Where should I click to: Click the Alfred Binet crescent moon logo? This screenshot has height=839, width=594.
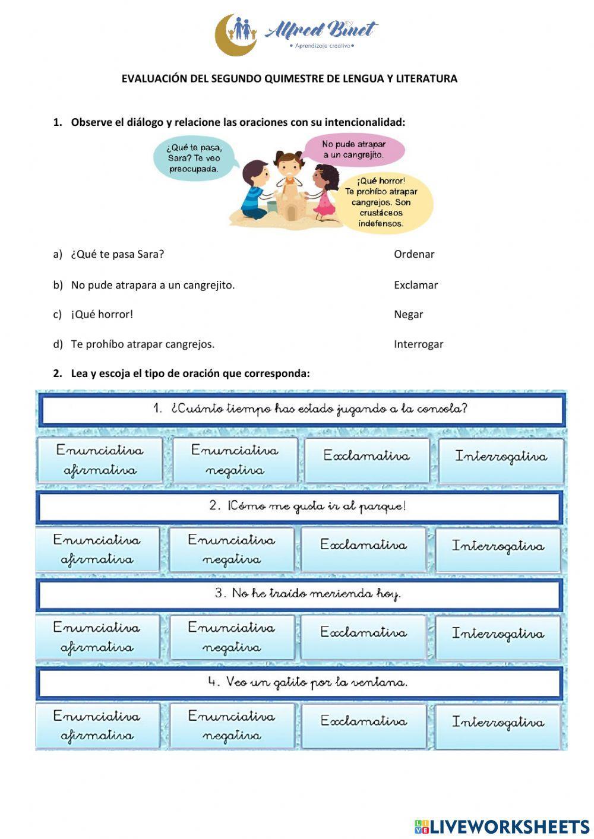pyautogui.click(x=235, y=35)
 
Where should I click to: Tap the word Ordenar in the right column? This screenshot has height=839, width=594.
pyautogui.click(x=414, y=254)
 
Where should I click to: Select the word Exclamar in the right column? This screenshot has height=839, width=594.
pyautogui.click(x=416, y=285)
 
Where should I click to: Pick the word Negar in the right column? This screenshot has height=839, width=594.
pyautogui.click(x=409, y=315)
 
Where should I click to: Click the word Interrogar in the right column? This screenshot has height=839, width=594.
pyautogui.click(x=418, y=344)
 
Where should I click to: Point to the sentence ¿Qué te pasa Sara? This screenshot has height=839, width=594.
pyautogui.click(x=118, y=254)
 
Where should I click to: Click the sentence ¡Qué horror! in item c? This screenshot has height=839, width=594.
pyautogui.click(x=102, y=315)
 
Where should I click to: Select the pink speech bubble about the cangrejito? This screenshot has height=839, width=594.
pyautogui.click(x=353, y=150)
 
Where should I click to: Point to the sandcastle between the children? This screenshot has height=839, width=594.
pyautogui.click(x=290, y=202)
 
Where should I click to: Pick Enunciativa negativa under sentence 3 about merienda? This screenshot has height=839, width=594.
pyautogui.click(x=232, y=637)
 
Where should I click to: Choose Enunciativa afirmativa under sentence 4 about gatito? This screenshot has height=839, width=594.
pyautogui.click(x=97, y=725)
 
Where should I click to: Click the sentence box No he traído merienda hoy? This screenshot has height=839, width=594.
pyautogui.click(x=300, y=594)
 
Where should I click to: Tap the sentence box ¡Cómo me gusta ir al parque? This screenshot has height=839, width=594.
pyautogui.click(x=300, y=506)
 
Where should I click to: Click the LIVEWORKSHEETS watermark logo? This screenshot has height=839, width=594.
pyautogui.click(x=502, y=827)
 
